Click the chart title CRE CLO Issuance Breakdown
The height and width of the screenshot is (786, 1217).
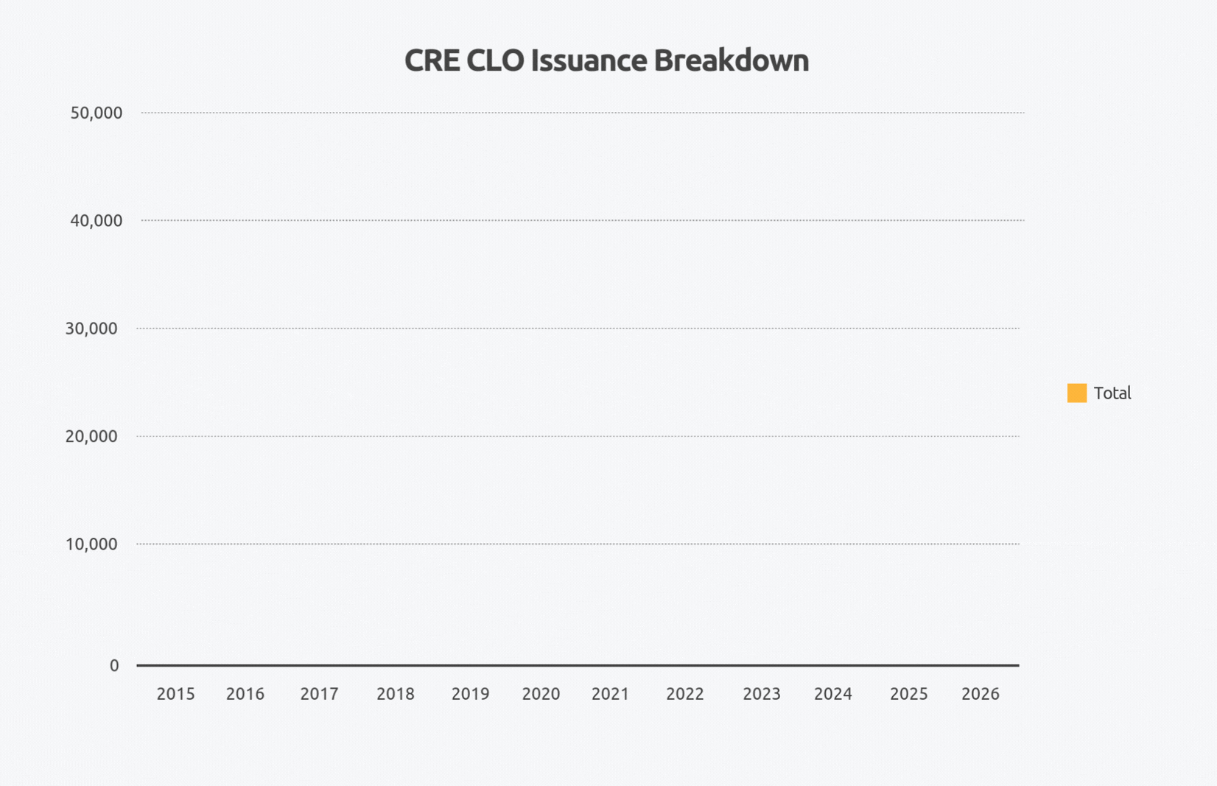coord(606,60)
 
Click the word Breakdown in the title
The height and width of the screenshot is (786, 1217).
coord(731,60)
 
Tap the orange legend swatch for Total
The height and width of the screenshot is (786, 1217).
coord(1076,393)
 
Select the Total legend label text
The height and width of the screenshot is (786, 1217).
coord(1112,393)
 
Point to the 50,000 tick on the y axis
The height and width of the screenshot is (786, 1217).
coord(96,113)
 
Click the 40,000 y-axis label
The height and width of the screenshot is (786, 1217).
coord(96,220)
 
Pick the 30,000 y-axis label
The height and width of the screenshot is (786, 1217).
coord(91,329)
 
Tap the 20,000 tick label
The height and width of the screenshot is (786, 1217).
coord(91,436)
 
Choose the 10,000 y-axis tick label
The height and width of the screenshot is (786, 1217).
coord(91,544)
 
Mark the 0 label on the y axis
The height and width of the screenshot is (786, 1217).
coord(114,666)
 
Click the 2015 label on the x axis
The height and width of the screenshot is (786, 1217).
coord(175,694)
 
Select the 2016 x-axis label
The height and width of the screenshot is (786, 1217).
coord(245,694)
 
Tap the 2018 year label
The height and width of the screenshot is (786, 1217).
coord(396,694)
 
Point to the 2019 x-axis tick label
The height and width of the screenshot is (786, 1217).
coord(470,694)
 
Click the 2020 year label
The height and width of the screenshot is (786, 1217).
coord(541,694)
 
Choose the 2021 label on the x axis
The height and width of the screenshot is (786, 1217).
coord(610,694)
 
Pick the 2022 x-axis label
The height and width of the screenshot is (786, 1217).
coord(685,694)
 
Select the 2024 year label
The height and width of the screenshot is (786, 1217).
coord(832,694)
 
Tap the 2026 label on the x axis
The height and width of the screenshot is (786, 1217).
coord(980,694)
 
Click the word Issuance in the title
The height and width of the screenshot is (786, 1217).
coord(588,60)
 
